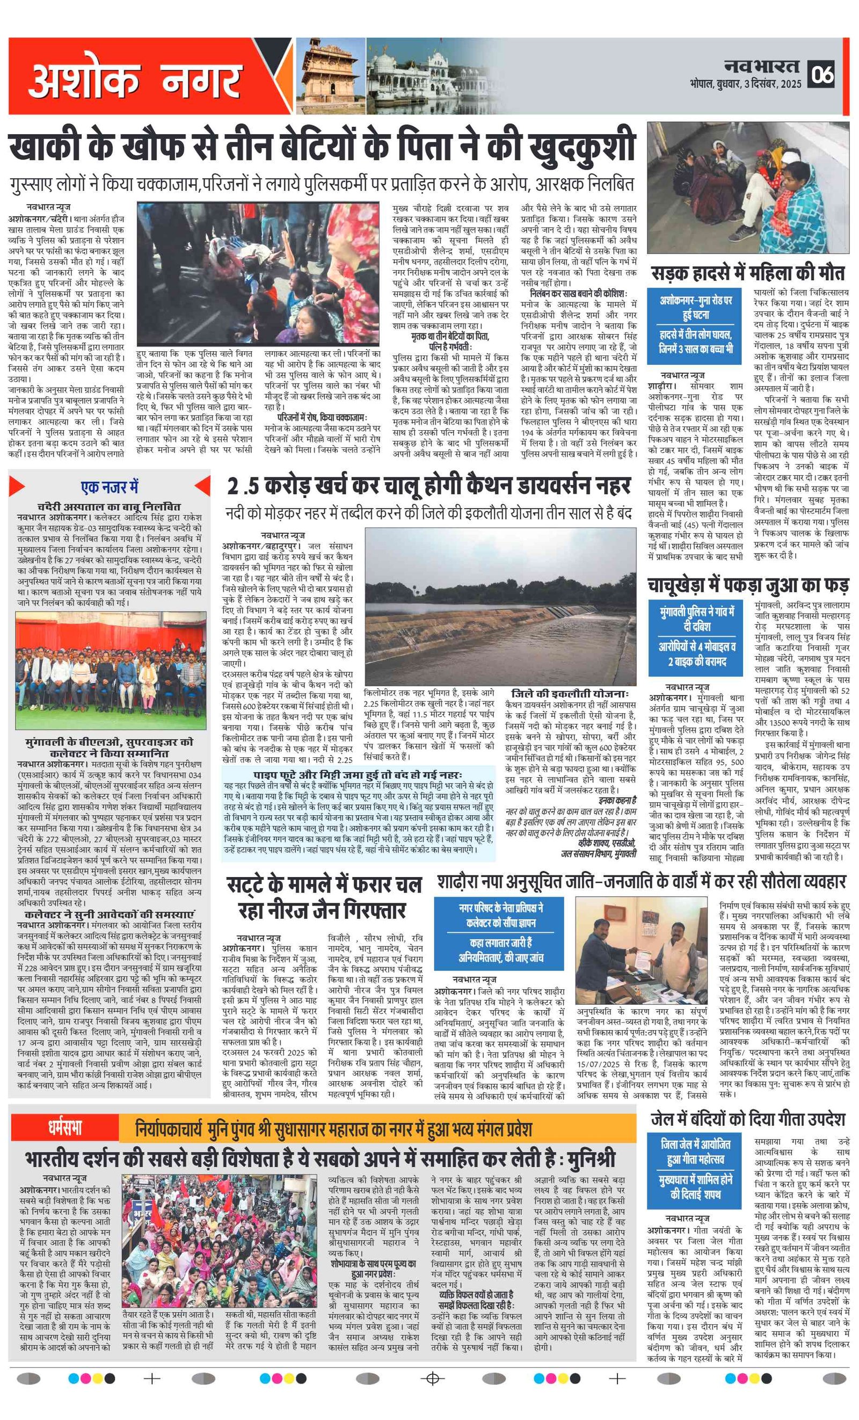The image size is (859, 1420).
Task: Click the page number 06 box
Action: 823,74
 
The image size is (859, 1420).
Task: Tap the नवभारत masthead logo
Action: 761,65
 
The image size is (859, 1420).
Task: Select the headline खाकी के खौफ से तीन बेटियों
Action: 323,148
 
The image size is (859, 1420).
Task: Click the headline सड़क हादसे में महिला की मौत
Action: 747,273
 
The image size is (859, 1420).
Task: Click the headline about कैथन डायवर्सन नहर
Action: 428,487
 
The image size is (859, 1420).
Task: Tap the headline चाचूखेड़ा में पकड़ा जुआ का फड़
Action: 747,585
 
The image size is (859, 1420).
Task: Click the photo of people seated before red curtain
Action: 111,670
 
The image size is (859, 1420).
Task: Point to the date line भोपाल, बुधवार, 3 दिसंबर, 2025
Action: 745,84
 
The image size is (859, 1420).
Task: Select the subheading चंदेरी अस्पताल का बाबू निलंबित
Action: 109,506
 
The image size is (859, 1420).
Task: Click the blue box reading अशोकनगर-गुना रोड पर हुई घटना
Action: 695,308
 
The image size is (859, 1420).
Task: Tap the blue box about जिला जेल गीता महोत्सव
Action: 695,1152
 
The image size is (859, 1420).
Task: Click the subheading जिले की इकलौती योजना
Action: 570,694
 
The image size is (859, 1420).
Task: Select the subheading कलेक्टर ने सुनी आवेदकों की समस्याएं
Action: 109,914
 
